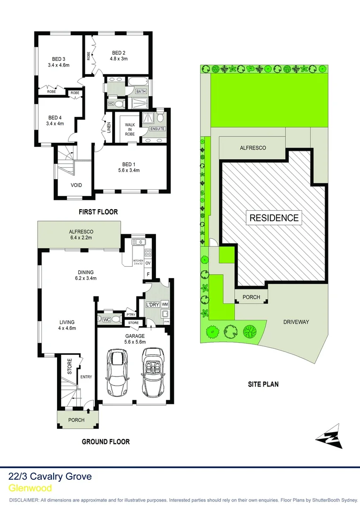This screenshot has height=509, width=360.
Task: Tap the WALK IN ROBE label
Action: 130,129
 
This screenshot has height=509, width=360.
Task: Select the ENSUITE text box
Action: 157,129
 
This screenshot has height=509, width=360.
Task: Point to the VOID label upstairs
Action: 76,185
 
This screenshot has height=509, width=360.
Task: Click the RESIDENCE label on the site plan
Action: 274,218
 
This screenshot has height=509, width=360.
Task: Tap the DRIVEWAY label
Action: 296,322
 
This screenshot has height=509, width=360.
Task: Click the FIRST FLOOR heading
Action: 98,212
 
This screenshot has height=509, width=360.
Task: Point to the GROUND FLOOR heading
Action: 106,442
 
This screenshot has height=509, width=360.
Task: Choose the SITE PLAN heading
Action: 263,384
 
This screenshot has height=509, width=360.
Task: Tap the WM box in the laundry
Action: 164,304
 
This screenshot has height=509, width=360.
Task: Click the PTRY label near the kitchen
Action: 130,314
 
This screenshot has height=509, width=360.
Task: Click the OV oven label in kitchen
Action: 147,263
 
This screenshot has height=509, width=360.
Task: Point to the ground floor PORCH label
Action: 76,420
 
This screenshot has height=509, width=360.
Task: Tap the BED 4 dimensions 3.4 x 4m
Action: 55,124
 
